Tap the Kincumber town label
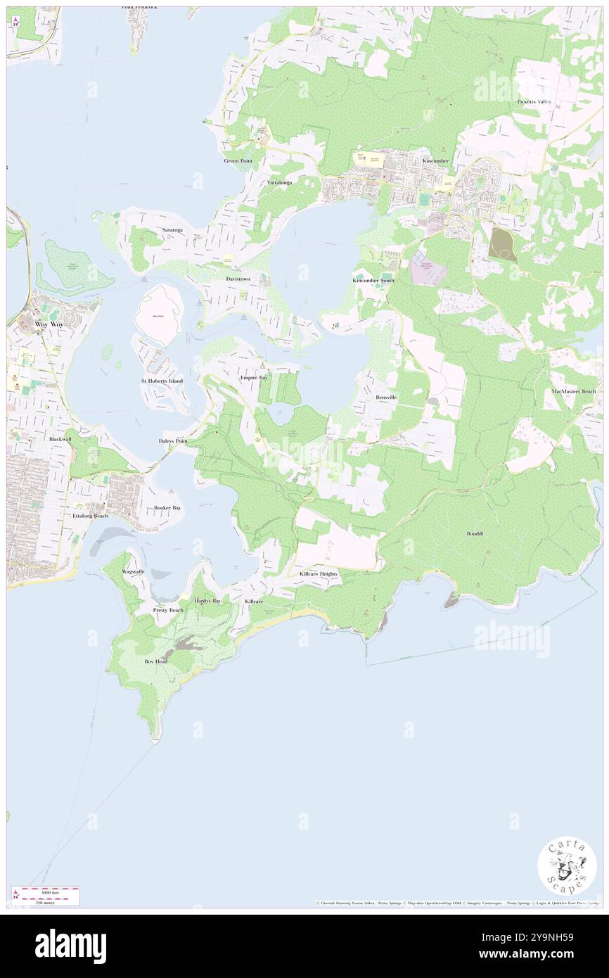435,160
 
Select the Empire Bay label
253,378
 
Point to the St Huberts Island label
162,381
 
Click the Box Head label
155,662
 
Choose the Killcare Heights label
319,574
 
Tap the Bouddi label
475,533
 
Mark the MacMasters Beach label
574,391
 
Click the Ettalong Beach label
91,516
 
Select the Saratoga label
172,230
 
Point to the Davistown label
238,279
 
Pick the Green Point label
238,160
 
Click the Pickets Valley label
536,101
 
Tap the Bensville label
386,398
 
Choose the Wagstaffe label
133,571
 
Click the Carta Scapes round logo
567,866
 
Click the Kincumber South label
373,280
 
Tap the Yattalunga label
279,182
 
